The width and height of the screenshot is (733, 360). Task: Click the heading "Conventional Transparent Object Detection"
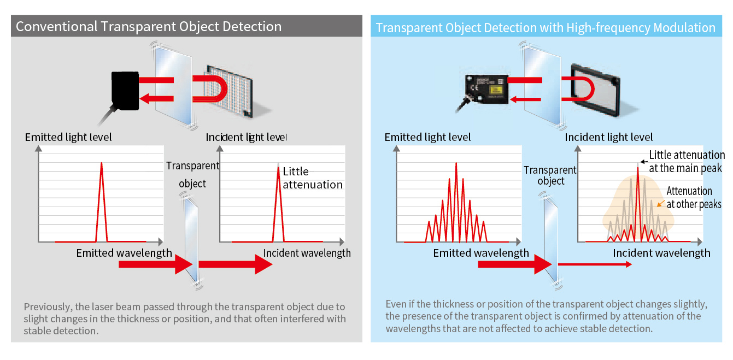click(x=149, y=26)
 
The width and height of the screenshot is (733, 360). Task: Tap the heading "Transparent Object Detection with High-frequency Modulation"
click(x=546, y=28)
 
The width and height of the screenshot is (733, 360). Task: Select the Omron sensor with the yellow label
click(x=485, y=88)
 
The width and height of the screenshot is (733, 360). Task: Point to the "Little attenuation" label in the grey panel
click(x=312, y=178)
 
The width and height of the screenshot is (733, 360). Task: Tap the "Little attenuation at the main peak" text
click(x=687, y=162)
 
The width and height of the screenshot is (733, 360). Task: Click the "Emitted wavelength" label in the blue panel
click(x=481, y=253)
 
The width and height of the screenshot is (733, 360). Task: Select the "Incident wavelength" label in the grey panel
click(x=307, y=253)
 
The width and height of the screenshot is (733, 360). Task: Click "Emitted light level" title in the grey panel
click(x=68, y=137)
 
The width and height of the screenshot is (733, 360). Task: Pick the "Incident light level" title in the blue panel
click(x=608, y=137)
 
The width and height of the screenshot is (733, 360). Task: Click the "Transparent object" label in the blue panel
click(x=550, y=175)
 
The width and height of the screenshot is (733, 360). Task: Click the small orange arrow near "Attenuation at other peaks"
click(x=660, y=204)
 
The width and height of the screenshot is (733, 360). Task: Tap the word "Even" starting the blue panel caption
click(x=396, y=304)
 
